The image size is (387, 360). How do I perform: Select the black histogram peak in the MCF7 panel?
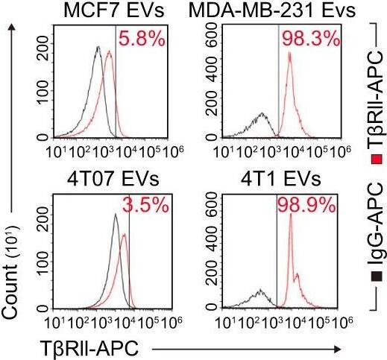click(98, 48)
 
